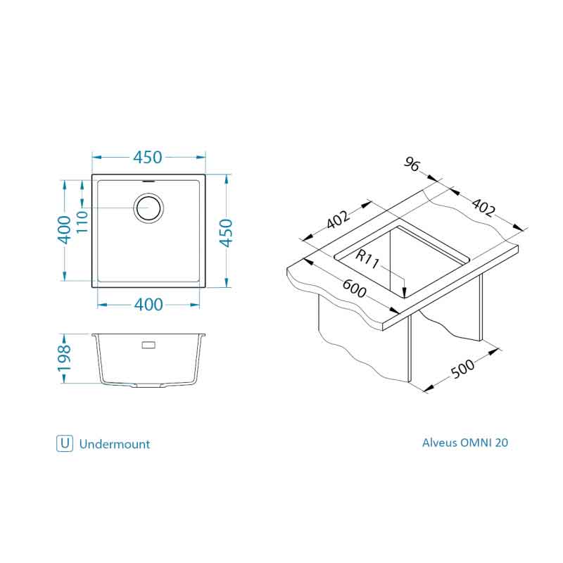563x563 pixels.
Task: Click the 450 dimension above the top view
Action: coord(148,157)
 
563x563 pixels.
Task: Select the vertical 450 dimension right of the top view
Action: coord(227,232)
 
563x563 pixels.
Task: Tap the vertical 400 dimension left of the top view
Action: coord(63,229)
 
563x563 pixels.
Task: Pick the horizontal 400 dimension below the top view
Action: coord(148,305)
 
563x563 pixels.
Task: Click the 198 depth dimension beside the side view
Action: coord(63,358)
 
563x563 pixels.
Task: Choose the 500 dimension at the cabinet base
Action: coord(462,369)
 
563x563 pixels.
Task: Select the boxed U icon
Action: coord(64,443)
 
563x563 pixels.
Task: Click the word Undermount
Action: coord(115,444)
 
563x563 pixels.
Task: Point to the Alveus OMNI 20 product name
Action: coord(464,443)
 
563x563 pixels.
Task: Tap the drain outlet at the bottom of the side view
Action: coord(148,386)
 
